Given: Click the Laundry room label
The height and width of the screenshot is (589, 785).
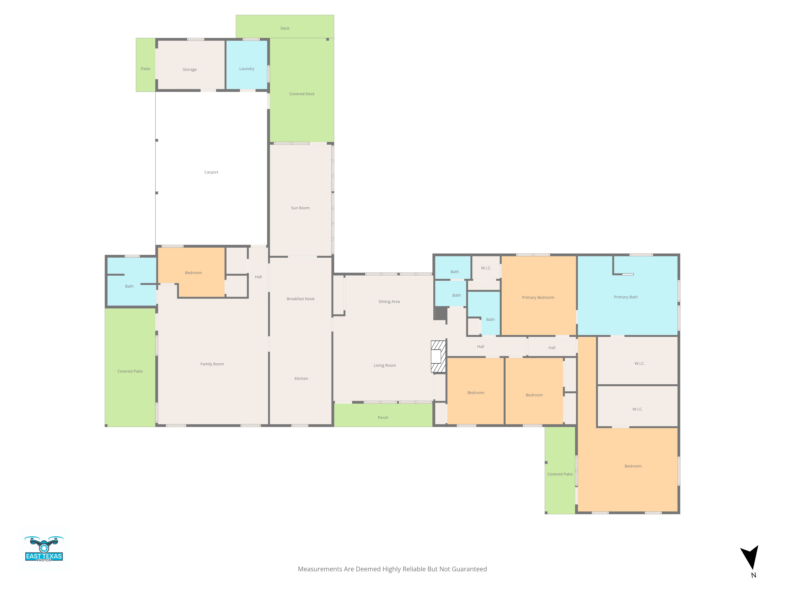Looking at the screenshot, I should (247, 69).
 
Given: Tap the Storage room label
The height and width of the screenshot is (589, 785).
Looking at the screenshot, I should (190, 70).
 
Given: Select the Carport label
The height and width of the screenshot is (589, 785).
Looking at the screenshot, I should (211, 172).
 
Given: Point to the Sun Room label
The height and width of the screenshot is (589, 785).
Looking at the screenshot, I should (300, 208).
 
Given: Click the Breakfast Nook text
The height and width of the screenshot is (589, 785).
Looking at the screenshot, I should (301, 299).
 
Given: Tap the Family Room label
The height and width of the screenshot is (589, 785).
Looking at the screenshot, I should (212, 364).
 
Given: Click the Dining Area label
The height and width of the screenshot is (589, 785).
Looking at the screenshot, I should (389, 302).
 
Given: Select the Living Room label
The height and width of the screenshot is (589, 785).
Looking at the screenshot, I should (384, 365).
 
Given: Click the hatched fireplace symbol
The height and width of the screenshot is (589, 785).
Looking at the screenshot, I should (438, 357).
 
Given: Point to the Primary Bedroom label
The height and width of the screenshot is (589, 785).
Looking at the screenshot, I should (538, 297).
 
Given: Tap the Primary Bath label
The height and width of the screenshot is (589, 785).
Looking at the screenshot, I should (626, 297).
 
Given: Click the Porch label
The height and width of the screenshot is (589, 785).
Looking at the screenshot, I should (383, 418).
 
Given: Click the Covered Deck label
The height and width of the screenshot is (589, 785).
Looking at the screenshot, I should (302, 94).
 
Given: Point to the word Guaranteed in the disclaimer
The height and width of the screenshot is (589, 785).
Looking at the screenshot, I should (469, 569).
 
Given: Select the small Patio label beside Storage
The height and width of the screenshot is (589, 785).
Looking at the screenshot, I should (145, 69).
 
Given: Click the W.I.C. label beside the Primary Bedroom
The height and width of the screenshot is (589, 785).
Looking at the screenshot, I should (486, 268).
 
